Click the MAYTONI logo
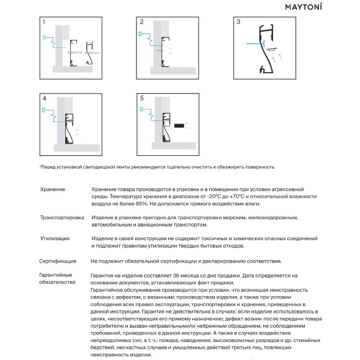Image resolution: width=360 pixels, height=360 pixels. [x=304, y=6]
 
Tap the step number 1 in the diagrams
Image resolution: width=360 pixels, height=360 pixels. [x=44, y=22]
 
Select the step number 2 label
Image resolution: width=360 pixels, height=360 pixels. [x=142, y=22]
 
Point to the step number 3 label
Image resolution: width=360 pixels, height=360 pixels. [x=238, y=22]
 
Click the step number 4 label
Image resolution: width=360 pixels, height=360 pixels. [x=45, y=98]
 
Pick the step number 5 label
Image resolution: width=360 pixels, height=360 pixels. [x=142, y=98]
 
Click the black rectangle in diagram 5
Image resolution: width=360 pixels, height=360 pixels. [x=179, y=125]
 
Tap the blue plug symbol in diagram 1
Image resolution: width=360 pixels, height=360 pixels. [x=45, y=37]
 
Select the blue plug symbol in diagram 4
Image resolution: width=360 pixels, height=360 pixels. [x=43, y=110]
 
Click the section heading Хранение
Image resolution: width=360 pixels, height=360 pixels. [x=53, y=189]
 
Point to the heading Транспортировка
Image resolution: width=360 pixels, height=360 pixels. [x=62, y=217]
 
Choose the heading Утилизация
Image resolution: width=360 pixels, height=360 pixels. [x=55, y=238]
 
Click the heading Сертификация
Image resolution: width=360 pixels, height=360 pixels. [x=57, y=261]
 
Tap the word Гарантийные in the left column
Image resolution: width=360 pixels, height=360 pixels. [x=56, y=275]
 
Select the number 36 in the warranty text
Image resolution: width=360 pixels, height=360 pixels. [x=176, y=276]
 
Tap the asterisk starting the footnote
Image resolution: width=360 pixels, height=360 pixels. [x=40, y=166]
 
